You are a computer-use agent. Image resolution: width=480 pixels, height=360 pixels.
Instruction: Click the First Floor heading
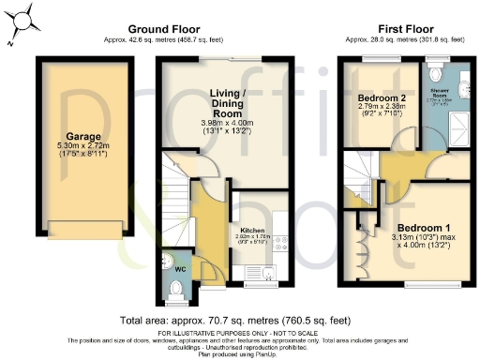tap(404, 29)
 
